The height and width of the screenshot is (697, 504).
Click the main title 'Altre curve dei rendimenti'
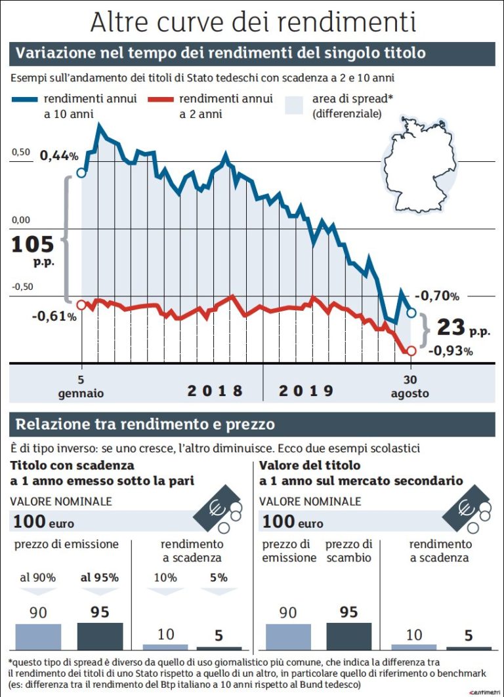[x=253, y=21]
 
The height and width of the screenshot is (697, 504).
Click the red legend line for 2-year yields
[x=160, y=99]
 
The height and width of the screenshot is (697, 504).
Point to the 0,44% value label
[x=59, y=156]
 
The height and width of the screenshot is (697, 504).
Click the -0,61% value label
[x=54, y=317]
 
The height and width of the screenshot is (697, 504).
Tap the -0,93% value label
[x=450, y=351]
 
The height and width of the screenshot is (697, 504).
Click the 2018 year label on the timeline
[x=215, y=391]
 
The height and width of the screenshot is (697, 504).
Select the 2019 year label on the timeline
[x=306, y=391]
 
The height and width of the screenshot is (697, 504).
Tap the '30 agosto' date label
[x=410, y=387]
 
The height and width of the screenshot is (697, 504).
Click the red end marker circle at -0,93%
[x=411, y=351]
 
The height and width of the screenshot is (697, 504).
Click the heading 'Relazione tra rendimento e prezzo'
[x=145, y=424]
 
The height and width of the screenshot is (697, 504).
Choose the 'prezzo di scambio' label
[x=349, y=551]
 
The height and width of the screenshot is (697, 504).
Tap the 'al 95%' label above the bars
[x=100, y=578]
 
